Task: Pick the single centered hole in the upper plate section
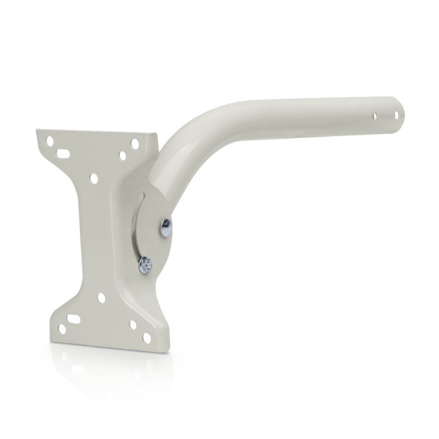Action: pos(94,178)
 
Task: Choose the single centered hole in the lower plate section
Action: pos(101,299)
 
